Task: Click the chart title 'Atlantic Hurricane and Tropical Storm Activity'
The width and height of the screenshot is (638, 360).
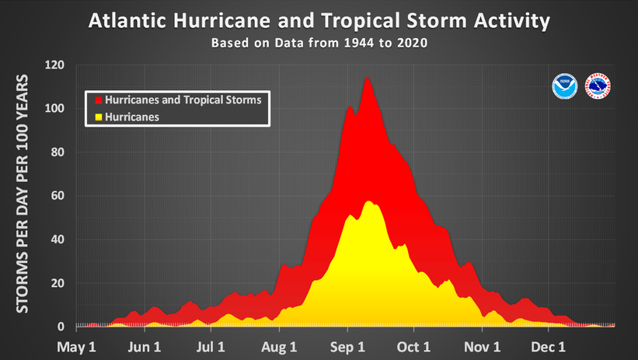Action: click(x=318, y=20)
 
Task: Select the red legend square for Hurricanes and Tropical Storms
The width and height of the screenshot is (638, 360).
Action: click(x=99, y=100)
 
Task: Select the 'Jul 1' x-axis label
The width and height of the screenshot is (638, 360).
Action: click(x=211, y=346)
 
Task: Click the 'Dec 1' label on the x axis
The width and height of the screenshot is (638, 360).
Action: click(x=549, y=346)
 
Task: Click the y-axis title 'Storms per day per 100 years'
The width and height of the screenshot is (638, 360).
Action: click(x=23, y=194)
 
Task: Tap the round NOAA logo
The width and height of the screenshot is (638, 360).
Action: click(x=562, y=86)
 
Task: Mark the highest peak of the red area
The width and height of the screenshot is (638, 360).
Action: click(x=366, y=77)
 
